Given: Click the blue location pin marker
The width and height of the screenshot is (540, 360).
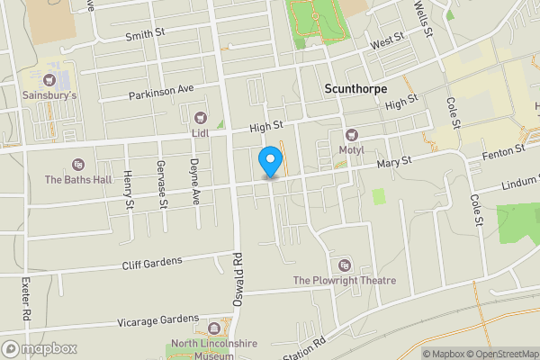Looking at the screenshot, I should [x=269, y=162].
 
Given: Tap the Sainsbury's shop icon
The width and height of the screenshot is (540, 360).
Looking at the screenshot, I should [x=49, y=80].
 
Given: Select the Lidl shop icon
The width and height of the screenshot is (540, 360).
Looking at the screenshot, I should [x=200, y=116].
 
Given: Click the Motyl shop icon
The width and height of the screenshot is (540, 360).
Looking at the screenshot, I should [x=352, y=134].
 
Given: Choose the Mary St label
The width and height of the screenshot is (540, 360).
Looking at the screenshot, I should [x=394, y=161].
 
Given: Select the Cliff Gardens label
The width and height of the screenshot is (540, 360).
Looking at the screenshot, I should [x=151, y=263].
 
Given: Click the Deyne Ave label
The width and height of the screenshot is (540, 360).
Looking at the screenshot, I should [x=193, y=172].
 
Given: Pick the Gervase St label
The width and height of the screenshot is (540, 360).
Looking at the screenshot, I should [x=163, y=190].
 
